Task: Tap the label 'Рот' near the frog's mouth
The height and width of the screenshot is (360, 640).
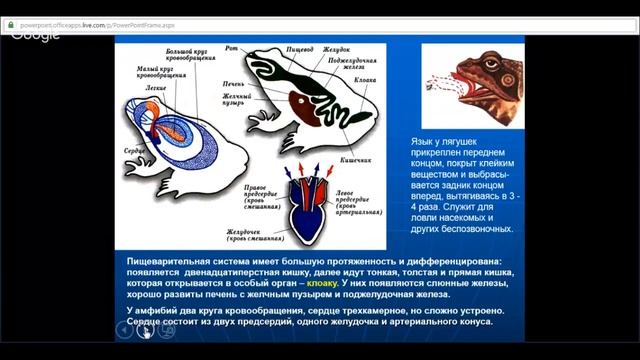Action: point(231,46)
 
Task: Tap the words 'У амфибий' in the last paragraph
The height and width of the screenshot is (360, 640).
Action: point(154,310)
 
